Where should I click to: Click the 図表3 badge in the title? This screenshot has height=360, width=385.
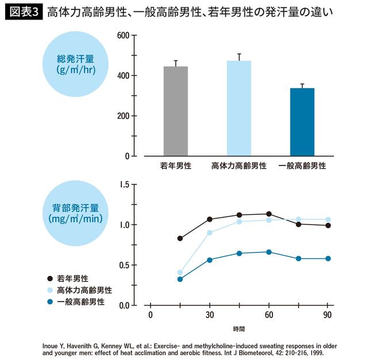tap(24, 11)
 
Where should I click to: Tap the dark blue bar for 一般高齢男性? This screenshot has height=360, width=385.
tap(302, 122)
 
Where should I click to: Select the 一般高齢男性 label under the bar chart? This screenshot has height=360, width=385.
tap(302, 166)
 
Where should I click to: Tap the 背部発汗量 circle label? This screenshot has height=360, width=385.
tap(74, 213)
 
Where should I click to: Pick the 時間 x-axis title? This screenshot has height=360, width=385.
tap(238, 330)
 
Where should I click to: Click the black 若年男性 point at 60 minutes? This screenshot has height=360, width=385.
tap(269, 214)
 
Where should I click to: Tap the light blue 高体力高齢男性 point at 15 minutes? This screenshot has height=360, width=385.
tap(180, 273)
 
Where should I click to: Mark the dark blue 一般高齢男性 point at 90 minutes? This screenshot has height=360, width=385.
tap(328, 258)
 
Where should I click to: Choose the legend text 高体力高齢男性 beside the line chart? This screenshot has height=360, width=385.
tap(84, 290)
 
